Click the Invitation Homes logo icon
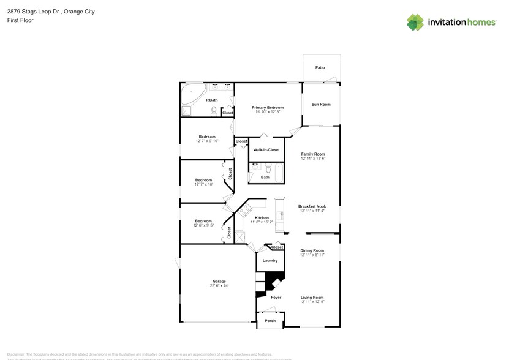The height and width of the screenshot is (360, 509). [x=416, y=22]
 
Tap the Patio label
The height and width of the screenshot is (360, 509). [x=320, y=67]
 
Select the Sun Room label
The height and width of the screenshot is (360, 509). [x=321, y=105]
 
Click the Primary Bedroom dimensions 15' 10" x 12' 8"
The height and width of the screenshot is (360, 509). [x=268, y=111]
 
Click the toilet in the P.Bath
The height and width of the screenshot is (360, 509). [x=214, y=111]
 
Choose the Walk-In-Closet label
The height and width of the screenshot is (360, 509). [x=266, y=149]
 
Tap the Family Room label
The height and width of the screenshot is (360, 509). [x=312, y=154]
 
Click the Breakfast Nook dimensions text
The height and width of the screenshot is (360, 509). [x=312, y=211]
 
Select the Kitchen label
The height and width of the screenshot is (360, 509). [x=262, y=218]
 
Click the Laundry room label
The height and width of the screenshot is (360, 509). [x=270, y=261]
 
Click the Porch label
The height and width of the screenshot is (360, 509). [x=270, y=321]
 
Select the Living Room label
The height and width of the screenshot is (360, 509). [x=312, y=298]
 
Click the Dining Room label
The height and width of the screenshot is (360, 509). [x=312, y=250]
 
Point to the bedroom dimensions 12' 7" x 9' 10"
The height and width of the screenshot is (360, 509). [x=207, y=141]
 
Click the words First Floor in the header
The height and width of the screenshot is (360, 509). [x=20, y=20]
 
